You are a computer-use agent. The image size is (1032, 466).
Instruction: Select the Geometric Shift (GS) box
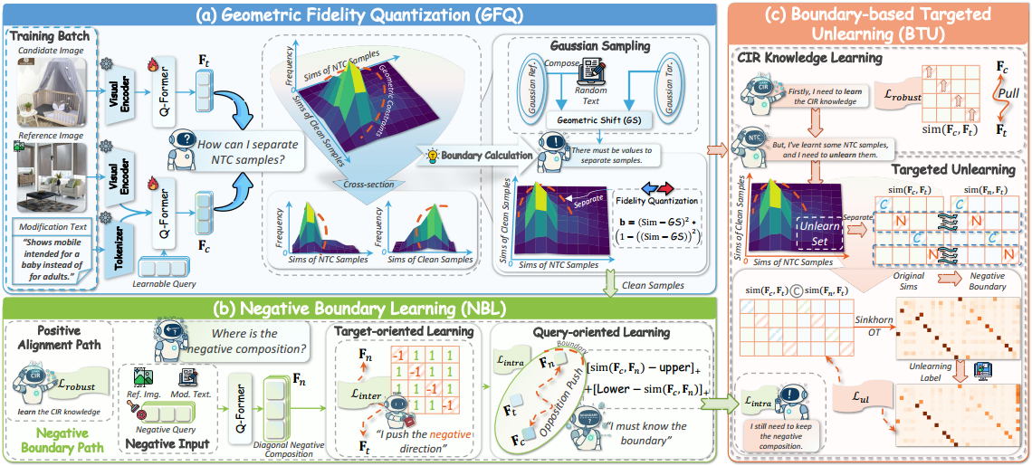pyautogui.click(x=588, y=120)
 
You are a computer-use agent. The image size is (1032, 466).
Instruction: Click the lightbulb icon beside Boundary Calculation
pyautogui.click(x=434, y=156)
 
